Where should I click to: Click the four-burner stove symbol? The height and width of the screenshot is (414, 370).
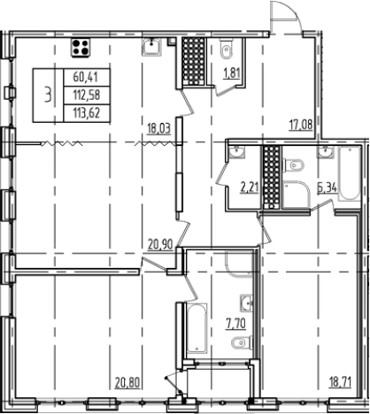[x=80, y=48]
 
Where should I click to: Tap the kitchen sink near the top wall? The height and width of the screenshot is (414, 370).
[x=152, y=47]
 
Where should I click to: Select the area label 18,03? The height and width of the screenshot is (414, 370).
[x=159, y=129]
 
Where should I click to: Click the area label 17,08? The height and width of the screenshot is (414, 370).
[x=301, y=125]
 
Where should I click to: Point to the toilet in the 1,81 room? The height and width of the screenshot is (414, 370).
[x=227, y=50]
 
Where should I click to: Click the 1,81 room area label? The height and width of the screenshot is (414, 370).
[x=233, y=73]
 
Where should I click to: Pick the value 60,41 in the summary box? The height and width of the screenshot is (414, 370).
[x=86, y=78]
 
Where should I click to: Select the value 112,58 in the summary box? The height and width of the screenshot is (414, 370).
[x=86, y=96]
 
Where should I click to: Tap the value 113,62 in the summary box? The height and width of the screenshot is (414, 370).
[x=86, y=113]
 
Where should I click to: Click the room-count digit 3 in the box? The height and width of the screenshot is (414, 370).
[x=48, y=96]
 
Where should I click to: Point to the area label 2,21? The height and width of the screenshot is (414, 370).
[x=250, y=188]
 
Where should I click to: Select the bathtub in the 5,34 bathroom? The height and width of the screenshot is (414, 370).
[x=350, y=174]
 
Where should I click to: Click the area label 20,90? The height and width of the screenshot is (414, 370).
[x=160, y=244]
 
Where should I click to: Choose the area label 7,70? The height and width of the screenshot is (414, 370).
[x=236, y=324]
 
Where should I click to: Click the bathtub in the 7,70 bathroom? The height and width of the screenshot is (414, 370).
[x=197, y=327]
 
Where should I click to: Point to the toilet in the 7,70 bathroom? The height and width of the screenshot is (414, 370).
[x=242, y=343]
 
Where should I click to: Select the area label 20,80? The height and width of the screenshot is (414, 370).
[x=127, y=383]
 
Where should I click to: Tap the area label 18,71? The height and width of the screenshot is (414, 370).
[x=340, y=382]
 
